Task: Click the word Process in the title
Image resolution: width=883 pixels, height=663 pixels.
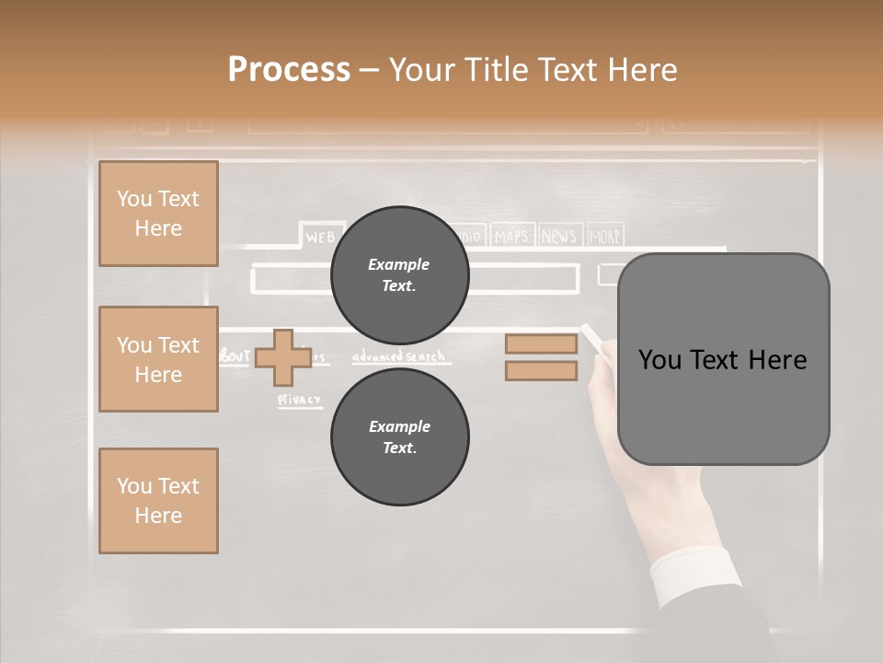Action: click(x=289, y=70)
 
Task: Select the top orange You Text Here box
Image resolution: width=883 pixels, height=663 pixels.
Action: click(x=158, y=214)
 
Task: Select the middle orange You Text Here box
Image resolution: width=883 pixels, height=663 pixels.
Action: click(x=158, y=359)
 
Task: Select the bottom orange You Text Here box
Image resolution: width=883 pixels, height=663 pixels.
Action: click(x=158, y=501)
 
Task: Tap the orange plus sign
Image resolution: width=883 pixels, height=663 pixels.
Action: click(x=283, y=358)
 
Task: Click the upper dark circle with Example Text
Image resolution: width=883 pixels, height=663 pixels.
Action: click(x=400, y=275)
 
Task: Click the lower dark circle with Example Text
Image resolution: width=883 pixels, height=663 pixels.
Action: click(x=400, y=437)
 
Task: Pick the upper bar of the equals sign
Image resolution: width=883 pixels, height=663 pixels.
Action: click(x=541, y=343)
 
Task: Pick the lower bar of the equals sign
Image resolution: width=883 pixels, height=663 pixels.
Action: click(x=541, y=371)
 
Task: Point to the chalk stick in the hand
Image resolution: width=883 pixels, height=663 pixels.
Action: click(x=591, y=337)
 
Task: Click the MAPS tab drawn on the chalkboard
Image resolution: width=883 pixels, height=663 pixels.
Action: click(x=511, y=237)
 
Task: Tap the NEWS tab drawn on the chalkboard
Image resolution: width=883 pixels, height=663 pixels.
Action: click(x=559, y=237)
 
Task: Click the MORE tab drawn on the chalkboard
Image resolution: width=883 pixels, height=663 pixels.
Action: click(x=604, y=237)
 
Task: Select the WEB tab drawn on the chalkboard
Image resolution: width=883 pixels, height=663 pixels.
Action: click(x=318, y=238)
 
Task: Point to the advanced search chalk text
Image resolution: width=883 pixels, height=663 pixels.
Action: click(x=398, y=356)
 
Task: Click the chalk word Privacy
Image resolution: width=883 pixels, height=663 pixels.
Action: click(x=300, y=400)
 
